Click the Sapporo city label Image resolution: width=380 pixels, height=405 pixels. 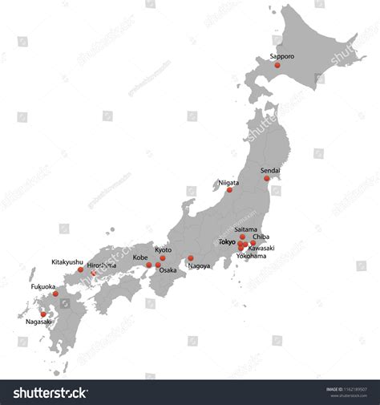282,57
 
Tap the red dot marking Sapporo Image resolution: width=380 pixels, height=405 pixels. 277,66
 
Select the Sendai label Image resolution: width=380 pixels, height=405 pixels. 271,170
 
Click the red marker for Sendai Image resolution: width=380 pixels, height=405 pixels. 267,178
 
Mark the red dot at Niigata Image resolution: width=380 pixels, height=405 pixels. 229,190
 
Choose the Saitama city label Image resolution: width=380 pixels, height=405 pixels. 246,229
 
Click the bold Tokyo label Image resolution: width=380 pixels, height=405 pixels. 228,241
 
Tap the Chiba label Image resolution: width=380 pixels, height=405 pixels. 261,237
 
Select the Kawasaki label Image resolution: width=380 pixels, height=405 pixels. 261,249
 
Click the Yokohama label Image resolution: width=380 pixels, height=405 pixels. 252,257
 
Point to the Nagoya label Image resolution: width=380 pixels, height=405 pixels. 199,265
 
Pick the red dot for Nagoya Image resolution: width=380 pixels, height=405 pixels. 191,258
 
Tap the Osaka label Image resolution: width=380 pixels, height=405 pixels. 168,270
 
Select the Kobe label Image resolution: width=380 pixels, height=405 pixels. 140,257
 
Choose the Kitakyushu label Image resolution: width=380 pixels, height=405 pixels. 67,261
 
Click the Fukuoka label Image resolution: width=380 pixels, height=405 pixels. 43,286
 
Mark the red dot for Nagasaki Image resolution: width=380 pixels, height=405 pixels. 43,314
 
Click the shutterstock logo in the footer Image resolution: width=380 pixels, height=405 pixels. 50,392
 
